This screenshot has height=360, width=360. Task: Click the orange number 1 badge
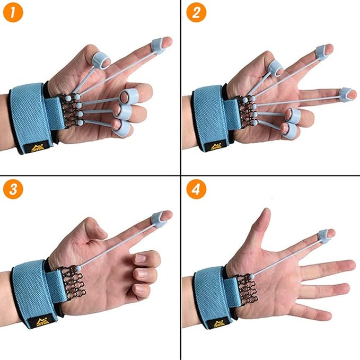tap(13, 13)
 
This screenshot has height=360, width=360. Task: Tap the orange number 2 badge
tap(196, 13)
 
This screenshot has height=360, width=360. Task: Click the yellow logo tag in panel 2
tap(216, 146)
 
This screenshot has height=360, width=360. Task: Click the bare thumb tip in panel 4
tap(265, 215)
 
